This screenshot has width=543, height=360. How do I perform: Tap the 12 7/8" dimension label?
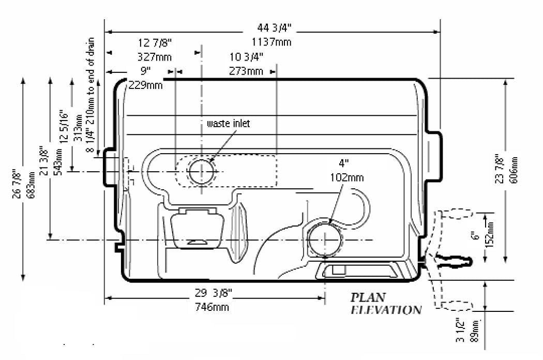155,42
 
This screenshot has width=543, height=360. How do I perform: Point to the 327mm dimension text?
155,56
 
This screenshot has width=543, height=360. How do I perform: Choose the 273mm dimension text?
246,71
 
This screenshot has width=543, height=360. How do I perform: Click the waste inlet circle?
201,172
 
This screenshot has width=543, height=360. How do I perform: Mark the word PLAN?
368,297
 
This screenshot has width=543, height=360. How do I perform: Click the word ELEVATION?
386,310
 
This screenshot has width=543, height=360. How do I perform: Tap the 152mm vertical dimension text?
491,233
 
